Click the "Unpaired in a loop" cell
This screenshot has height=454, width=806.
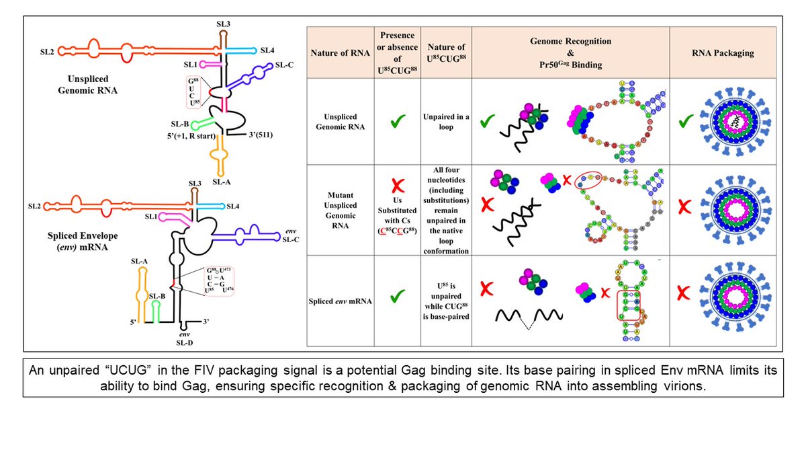tap(445, 121)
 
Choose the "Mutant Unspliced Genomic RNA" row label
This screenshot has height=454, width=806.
tap(341, 209)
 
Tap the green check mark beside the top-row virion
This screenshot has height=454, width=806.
tap(683, 122)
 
